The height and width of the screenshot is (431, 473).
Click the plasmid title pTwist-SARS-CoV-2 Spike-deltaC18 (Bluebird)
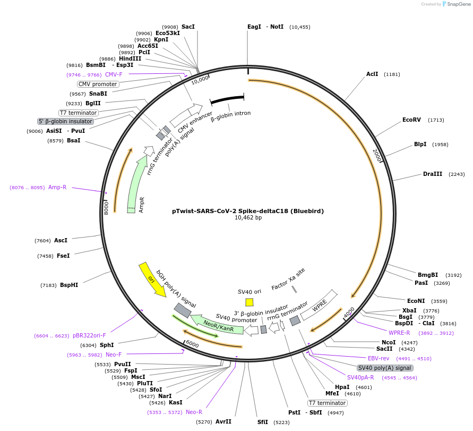coord(248,211)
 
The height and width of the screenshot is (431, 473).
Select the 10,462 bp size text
coord(248,218)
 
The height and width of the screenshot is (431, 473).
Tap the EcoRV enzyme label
coord(411,120)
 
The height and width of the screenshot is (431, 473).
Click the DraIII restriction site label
coord(433,174)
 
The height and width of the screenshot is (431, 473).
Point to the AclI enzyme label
coord(372,74)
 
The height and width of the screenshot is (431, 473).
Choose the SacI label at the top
coord(188,27)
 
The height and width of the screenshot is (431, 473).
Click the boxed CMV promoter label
coord(98,84)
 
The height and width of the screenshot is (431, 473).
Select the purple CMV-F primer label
coord(114,75)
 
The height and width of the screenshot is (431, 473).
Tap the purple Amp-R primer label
coord(57,187)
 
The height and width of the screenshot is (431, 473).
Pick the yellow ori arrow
coord(152,279)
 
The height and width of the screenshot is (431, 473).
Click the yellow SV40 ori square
coord(249,302)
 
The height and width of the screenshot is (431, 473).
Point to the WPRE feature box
coord(319,305)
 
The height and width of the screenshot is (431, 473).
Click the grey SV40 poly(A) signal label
coord(385,368)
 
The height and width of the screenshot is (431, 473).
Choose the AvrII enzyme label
coord(223,421)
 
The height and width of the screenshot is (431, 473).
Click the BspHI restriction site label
coord(69,285)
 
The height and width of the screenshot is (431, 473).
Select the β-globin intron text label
coord(230,113)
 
